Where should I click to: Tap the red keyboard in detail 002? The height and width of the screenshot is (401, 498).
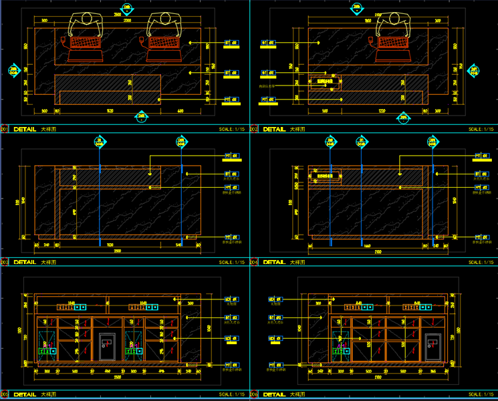[x=393, y=42]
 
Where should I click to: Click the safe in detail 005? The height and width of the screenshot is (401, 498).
[x=106, y=345]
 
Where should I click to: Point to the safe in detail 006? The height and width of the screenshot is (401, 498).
[x=433, y=344]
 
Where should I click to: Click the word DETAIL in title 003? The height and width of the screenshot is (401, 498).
[x=25, y=263]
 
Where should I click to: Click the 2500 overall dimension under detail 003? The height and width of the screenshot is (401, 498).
[x=118, y=250]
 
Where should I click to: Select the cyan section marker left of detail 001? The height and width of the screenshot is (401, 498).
[x=13, y=70]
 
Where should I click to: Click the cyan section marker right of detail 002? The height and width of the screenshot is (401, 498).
[x=473, y=70]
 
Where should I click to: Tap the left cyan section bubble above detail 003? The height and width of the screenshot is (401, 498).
[x=100, y=141]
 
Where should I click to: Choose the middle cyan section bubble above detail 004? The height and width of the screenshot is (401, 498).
[x=362, y=141]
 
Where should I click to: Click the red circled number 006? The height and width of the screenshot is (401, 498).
[x=253, y=394]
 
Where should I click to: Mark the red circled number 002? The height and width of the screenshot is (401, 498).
[x=253, y=129]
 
